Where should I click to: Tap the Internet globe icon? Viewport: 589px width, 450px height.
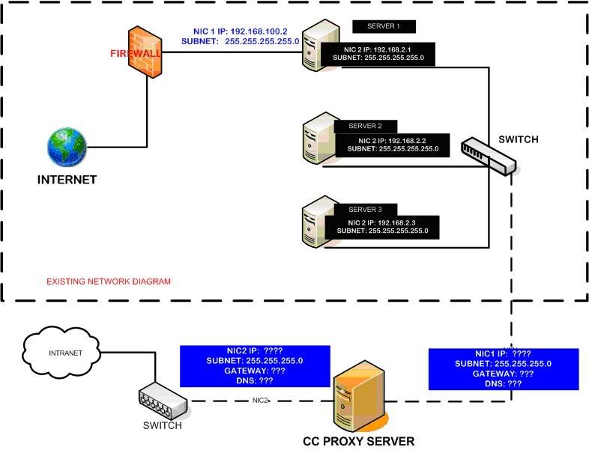[67, 147]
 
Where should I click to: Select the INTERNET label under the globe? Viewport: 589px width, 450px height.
[67, 180]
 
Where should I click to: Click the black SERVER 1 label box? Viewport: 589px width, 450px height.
[384, 27]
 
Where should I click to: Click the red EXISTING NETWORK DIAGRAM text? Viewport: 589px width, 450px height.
[109, 282]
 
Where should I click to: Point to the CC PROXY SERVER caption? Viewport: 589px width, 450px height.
[358, 441]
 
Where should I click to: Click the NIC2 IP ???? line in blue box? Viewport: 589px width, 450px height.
[255, 350]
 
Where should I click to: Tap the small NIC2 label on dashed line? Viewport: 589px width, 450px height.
[260, 401]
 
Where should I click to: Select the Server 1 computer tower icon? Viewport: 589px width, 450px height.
[315, 46]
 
